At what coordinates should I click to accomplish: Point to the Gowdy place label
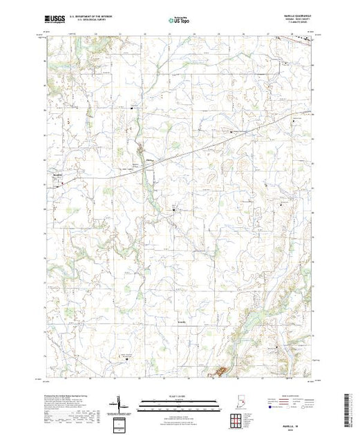(181, 322)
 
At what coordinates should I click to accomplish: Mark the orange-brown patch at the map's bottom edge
(220, 373)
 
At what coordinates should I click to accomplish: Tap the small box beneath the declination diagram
(120, 423)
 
